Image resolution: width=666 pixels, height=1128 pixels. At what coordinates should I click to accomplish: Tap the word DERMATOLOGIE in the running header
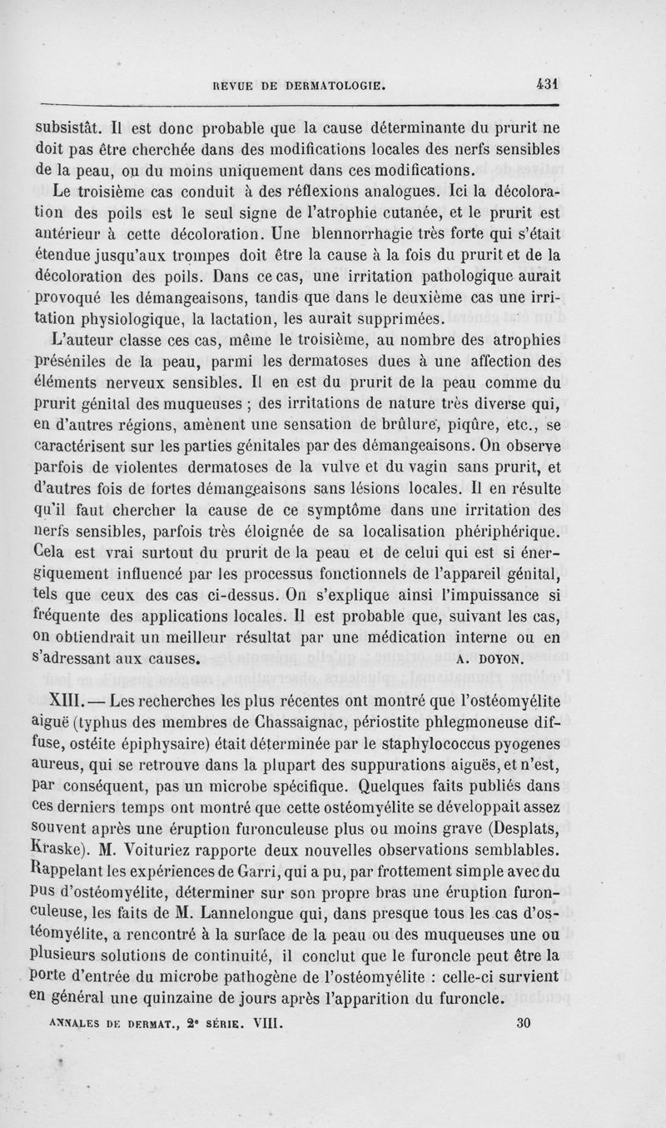333,84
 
